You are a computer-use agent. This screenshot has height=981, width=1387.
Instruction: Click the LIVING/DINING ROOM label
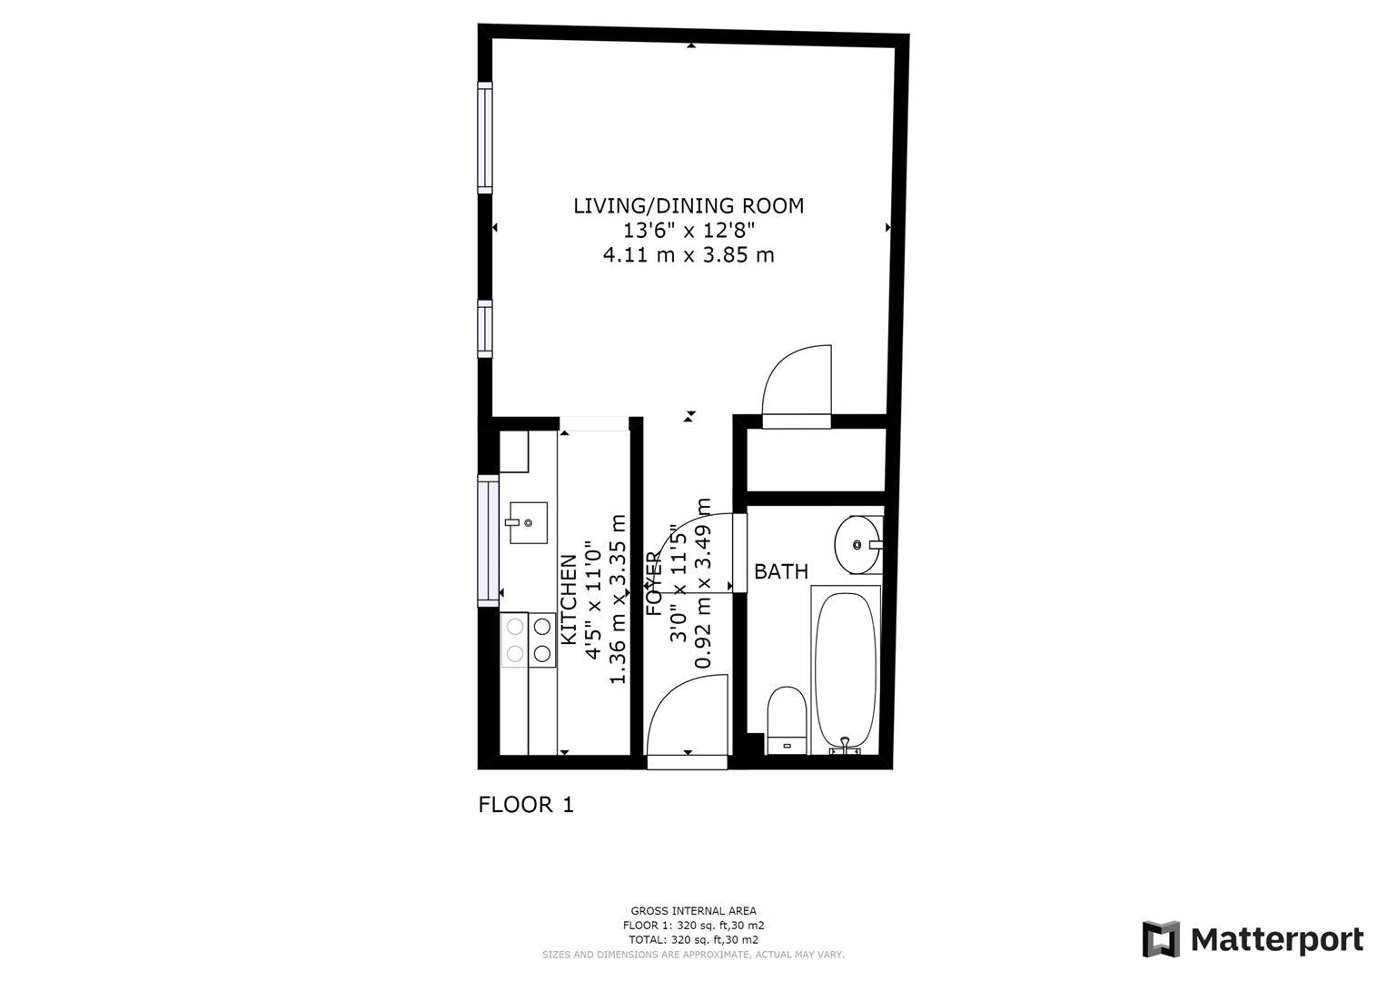[x=688, y=205]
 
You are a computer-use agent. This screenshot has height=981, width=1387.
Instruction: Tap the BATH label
[x=781, y=571]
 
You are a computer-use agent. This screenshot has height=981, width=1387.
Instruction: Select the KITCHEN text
[x=569, y=599]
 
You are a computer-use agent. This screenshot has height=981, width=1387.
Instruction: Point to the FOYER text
[x=654, y=583]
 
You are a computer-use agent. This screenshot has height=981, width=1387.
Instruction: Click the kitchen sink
[x=528, y=522]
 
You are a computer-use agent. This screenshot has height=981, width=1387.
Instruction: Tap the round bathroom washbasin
[x=857, y=545]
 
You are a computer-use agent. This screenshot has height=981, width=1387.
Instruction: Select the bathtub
[x=846, y=670]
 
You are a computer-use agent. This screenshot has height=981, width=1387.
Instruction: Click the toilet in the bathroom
[x=787, y=720]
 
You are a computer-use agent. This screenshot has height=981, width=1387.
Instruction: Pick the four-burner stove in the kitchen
[x=528, y=639]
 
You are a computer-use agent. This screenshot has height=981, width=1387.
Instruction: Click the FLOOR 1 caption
[x=526, y=805]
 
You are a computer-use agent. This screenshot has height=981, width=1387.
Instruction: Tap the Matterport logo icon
[x=1161, y=939]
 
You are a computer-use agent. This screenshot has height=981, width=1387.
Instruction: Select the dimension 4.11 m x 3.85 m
[x=689, y=254]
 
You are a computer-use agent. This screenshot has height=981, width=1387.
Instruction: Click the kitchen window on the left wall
[x=488, y=540]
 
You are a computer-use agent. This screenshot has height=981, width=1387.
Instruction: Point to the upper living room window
[x=485, y=137]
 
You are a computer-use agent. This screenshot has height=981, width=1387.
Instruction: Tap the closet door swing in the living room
[x=797, y=385]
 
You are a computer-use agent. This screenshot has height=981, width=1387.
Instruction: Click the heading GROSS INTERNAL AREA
[x=694, y=911]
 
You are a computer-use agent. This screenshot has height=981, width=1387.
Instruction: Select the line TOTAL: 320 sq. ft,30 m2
[x=694, y=939]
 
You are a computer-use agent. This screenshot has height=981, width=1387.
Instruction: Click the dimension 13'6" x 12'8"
[x=689, y=231]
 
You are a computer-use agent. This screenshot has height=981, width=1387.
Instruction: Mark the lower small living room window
[x=485, y=329]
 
